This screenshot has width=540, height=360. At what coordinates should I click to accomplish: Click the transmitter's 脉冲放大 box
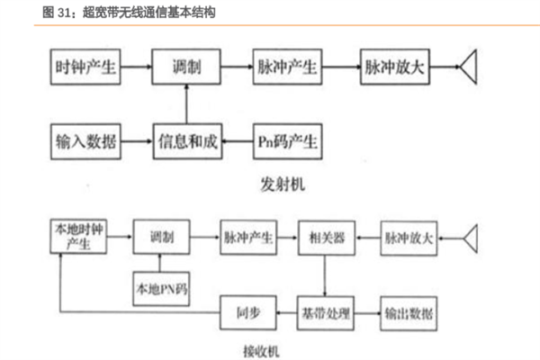pyautogui.click(x=397, y=67)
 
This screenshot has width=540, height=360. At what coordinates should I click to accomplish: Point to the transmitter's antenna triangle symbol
pyautogui.click(x=469, y=67)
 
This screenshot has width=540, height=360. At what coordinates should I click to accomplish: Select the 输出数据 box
pyautogui.click(x=410, y=311)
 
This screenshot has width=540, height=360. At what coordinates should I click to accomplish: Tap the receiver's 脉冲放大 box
pyautogui.click(x=410, y=238)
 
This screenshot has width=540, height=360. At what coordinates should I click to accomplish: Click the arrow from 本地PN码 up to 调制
pyautogui.click(x=158, y=263)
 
